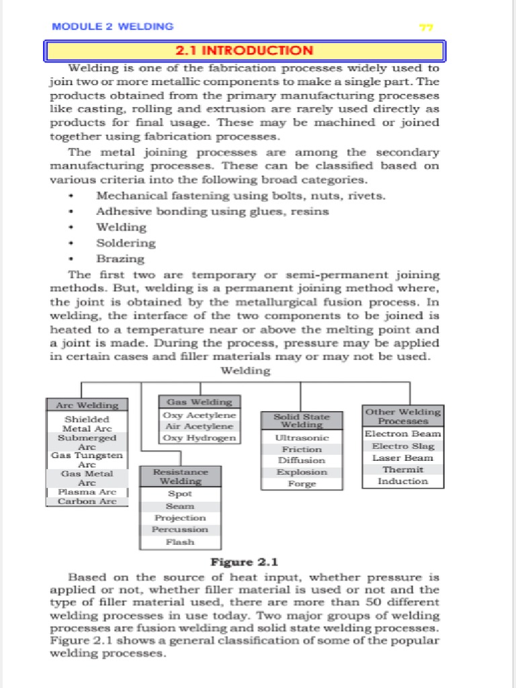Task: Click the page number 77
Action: [426, 28]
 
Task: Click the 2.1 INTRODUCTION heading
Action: [244, 50]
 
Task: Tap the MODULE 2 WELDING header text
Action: [113, 26]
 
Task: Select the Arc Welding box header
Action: [87, 405]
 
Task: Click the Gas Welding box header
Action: [199, 402]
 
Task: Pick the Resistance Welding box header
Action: [180, 476]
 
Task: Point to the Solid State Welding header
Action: [302, 421]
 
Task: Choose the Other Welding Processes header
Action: [402, 416]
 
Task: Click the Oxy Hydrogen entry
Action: [199, 438]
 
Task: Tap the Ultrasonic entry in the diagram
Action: [302, 438]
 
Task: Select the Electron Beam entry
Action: [402, 434]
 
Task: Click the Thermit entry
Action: [402, 470]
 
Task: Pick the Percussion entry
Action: [180, 529]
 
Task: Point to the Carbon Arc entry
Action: [87, 501]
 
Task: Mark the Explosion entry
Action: [302, 472]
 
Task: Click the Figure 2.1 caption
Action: [244, 562]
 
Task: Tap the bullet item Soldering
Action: [126, 243]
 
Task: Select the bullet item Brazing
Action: [120, 259]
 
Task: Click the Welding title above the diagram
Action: [246, 370]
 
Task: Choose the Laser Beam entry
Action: [402, 458]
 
